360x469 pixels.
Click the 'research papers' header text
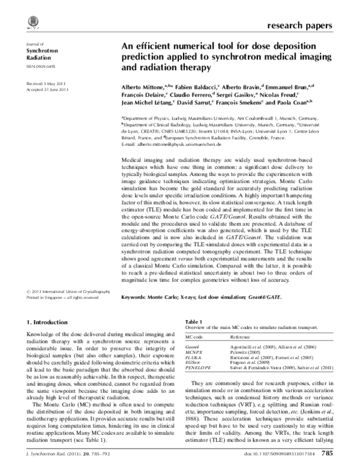pos(297,26)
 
